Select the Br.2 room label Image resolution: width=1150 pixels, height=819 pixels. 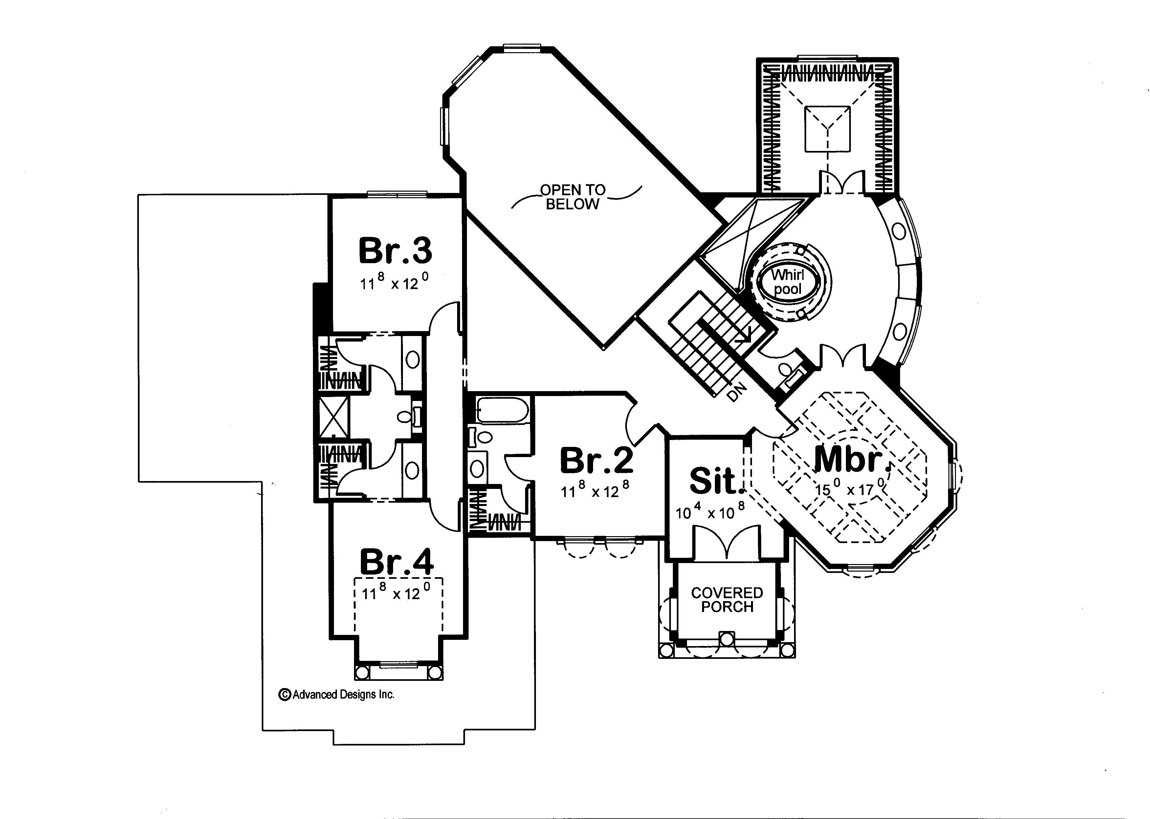pyautogui.click(x=596, y=460)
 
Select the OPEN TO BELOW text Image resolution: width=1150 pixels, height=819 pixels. pyautogui.click(x=573, y=197)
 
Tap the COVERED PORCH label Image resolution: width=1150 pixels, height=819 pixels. pyautogui.click(x=727, y=599)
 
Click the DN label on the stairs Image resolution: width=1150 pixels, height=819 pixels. pyautogui.click(x=737, y=392)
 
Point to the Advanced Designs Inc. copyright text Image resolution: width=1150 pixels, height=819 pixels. pyautogui.click(x=337, y=694)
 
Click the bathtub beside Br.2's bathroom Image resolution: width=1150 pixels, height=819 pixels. pyautogui.click(x=502, y=410)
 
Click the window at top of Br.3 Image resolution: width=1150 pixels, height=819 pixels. pyautogui.click(x=397, y=194)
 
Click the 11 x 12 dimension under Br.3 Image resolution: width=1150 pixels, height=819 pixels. pyautogui.click(x=394, y=283)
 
